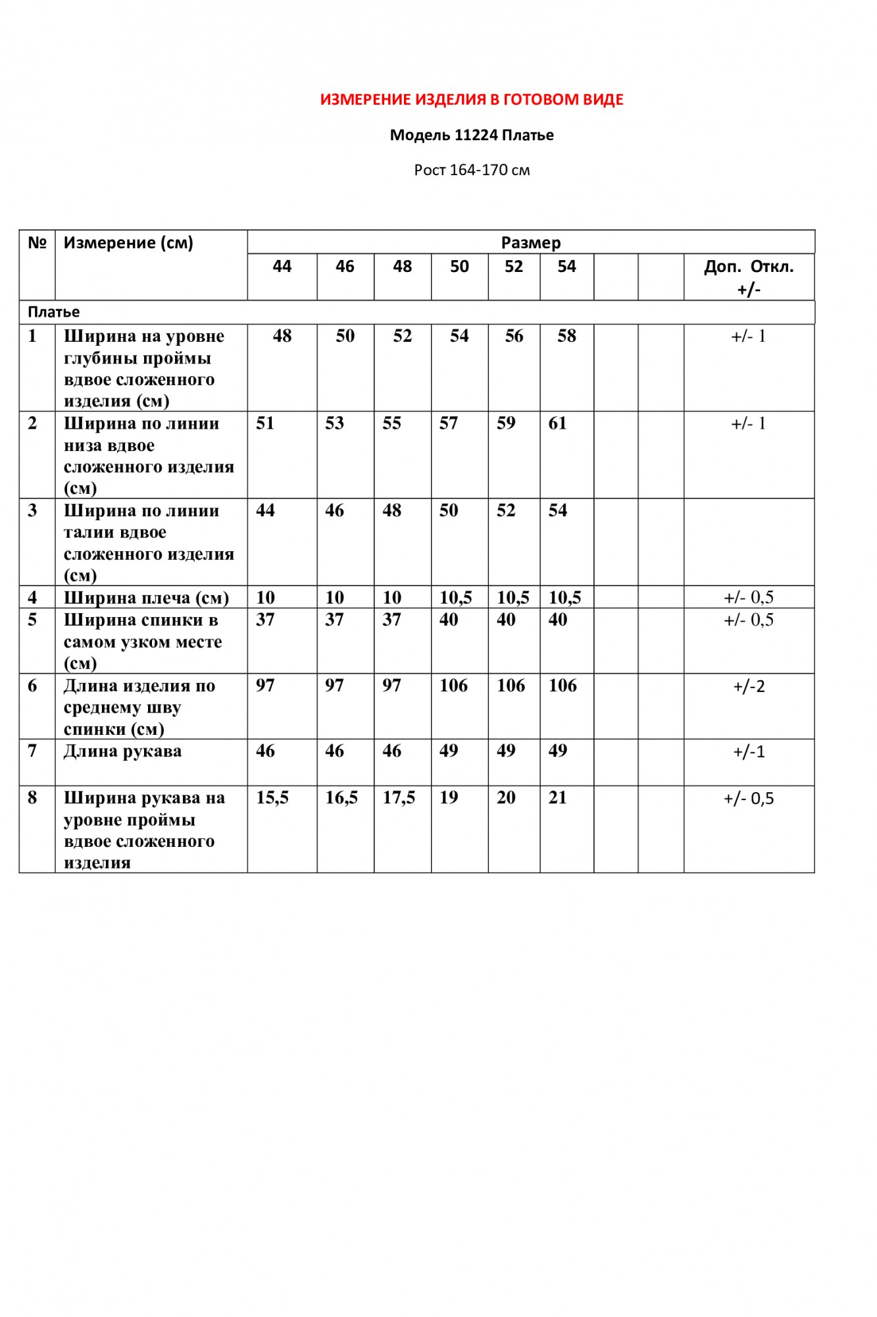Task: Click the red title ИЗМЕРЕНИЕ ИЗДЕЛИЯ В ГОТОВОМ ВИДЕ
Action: coord(472,100)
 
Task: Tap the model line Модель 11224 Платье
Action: coord(472,136)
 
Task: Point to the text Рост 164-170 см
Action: coord(472,170)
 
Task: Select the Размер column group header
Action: coord(531,243)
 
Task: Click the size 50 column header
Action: coord(459,267)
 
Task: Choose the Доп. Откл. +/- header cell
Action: coord(749,277)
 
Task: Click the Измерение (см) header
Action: coord(128,243)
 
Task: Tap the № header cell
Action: coord(37,243)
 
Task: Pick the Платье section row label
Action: coord(54,312)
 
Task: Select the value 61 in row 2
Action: coord(557,423)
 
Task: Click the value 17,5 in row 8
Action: coord(399,798)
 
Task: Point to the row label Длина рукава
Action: coord(122,751)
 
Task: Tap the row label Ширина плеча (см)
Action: coord(146,598)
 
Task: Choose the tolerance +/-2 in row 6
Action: coord(749,687)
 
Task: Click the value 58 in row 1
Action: coord(566,336)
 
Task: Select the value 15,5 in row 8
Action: coord(272,798)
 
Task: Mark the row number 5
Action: coord(32,620)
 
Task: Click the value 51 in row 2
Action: coord(265,423)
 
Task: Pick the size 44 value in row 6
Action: coord(265,685)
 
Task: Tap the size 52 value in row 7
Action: coord(506,751)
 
